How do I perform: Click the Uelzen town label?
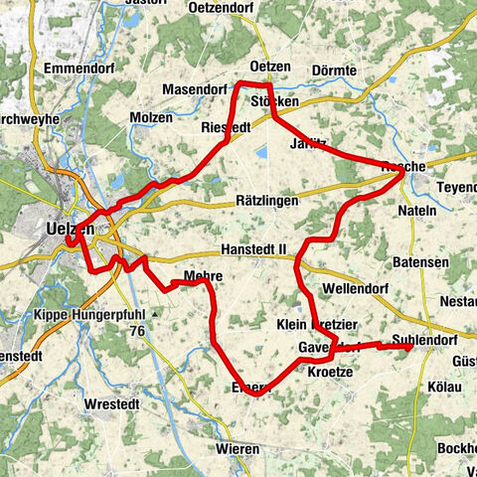click(x=70, y=229)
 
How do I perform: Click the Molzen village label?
click(x=151, y=117)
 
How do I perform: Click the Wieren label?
click(x=238, y=449)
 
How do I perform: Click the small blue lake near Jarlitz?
click(x=262, y=153)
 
